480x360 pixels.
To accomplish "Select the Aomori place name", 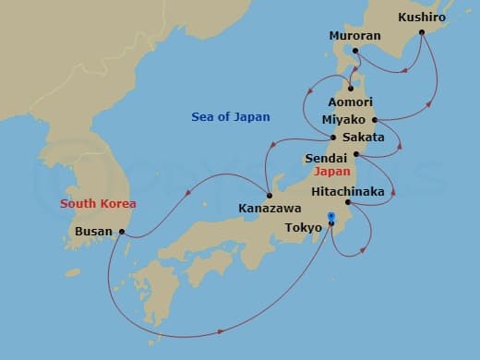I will tap(351, 102).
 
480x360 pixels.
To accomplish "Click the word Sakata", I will tap(363, 138).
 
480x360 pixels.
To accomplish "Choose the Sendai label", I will tap(326, 159).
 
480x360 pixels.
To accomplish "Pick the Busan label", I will tap(94, 232).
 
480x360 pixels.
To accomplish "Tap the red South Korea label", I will tap(99, 203).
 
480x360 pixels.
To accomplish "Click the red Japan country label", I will tap(330, 172).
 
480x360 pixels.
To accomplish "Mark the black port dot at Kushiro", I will tap(422, 32).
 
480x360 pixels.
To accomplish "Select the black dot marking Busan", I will tap(122, 232).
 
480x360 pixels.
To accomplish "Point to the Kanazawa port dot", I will tap(269, 194).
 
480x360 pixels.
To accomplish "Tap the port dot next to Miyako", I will tap(375, 120).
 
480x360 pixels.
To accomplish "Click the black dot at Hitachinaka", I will tap(347, 202).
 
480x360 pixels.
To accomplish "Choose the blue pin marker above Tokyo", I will tap(331, 218).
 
